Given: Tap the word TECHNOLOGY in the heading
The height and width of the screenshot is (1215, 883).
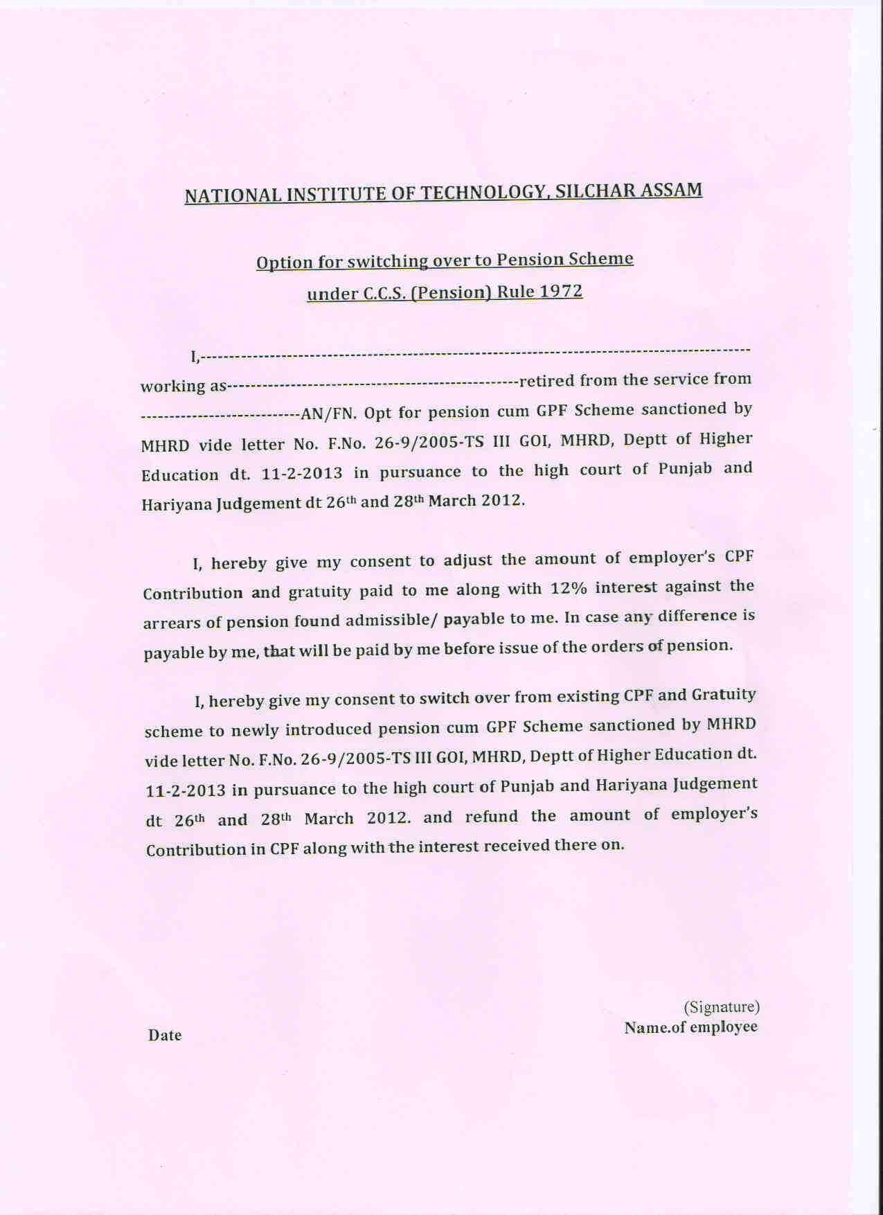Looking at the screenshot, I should (483, 193).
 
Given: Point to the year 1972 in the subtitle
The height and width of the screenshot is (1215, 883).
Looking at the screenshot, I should (560, 291).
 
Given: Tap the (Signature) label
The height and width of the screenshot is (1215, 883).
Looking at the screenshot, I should (722, 1006).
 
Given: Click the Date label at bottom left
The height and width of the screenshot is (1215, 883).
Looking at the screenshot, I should (165, 1035).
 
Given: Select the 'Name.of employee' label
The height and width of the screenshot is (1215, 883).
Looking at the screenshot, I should (690, 1027).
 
